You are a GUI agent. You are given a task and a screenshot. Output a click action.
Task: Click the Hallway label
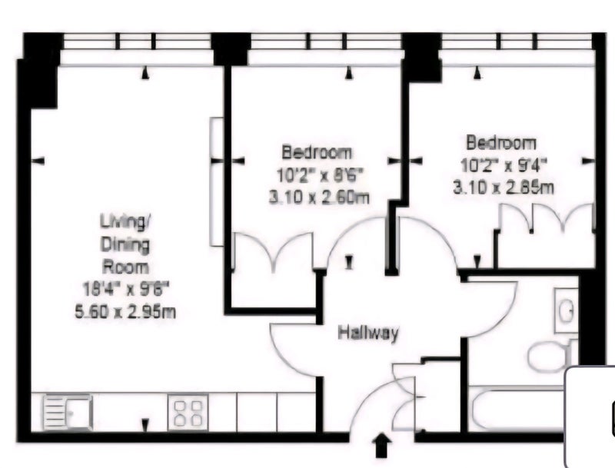368,334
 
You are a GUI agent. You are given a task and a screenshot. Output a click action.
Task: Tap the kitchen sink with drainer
68,412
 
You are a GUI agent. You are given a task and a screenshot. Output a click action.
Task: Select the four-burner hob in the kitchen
188,412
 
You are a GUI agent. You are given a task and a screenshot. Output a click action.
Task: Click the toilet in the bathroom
551,356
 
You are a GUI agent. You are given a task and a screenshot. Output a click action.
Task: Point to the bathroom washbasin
566,310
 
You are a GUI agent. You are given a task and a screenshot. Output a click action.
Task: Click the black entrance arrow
382,445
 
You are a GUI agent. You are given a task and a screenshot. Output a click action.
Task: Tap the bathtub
517,409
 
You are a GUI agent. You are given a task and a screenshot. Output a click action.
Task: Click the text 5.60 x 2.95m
125,313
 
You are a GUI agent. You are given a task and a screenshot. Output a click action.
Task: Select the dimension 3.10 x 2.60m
319,197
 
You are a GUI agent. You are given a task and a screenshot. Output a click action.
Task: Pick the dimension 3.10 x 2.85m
504,188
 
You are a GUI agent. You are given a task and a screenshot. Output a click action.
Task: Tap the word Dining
125,245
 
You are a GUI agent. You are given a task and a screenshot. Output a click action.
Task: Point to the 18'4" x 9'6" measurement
126,290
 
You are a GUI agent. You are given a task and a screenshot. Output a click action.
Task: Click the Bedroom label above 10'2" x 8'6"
317,152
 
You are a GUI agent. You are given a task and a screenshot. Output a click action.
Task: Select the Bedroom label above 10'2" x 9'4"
501,142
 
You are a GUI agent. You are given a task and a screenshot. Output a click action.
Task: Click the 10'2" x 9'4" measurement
504,165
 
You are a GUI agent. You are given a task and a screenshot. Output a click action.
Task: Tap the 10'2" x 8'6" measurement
319,175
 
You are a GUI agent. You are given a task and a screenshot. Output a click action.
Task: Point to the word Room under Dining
125,267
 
